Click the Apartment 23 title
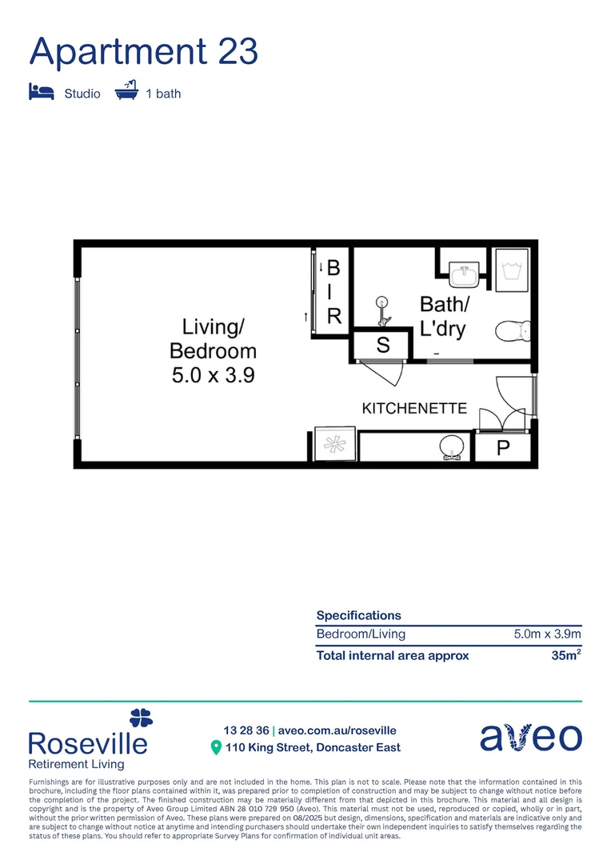pyautogui.click(x=144, y=51)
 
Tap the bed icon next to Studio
pyautogui.click(x=41, y=92)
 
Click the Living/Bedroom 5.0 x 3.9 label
pyautogui.click(x=214, y=350)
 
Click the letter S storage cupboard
pyautogui.click(x=382, y=346)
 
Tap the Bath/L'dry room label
pyautogui.click(x=444, y=316)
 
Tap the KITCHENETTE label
pyautogui.click(x=414, y=409)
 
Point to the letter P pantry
pyautogui.click(x=503, y=449)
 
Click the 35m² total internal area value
pyautogui.click(x=566, y=655)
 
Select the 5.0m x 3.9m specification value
pyautogui.click(x=547, y=634)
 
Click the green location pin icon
pyautogui.click(x=215, y=748)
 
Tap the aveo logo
pyautogui.click(x=531, y=738)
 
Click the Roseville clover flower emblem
pyautogui.click(x=141, y=717)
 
